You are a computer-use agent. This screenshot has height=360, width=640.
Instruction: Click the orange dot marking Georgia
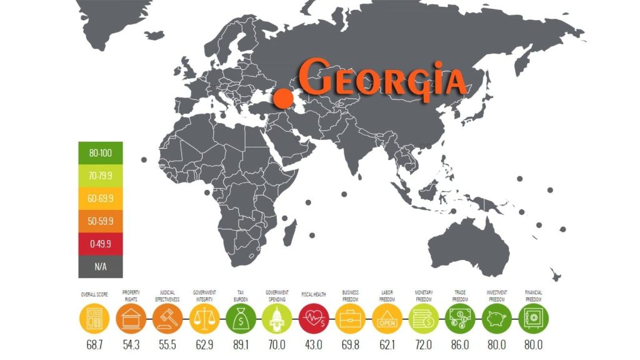pyautogui.click(x=283, y=97)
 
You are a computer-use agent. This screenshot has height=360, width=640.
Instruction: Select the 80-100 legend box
pyautogui.click(x=101, y=152)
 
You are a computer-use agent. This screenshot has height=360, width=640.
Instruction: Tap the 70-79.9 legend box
pyautogui.click(x=101, y=176)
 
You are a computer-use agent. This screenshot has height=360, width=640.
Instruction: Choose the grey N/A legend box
pyautogui.click(x=101, y=265)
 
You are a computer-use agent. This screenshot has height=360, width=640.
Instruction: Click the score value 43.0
pyautogui.click(x=314, y=344)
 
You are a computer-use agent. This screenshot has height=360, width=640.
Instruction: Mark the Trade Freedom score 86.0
pyautogui.click(x=461, y=344)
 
